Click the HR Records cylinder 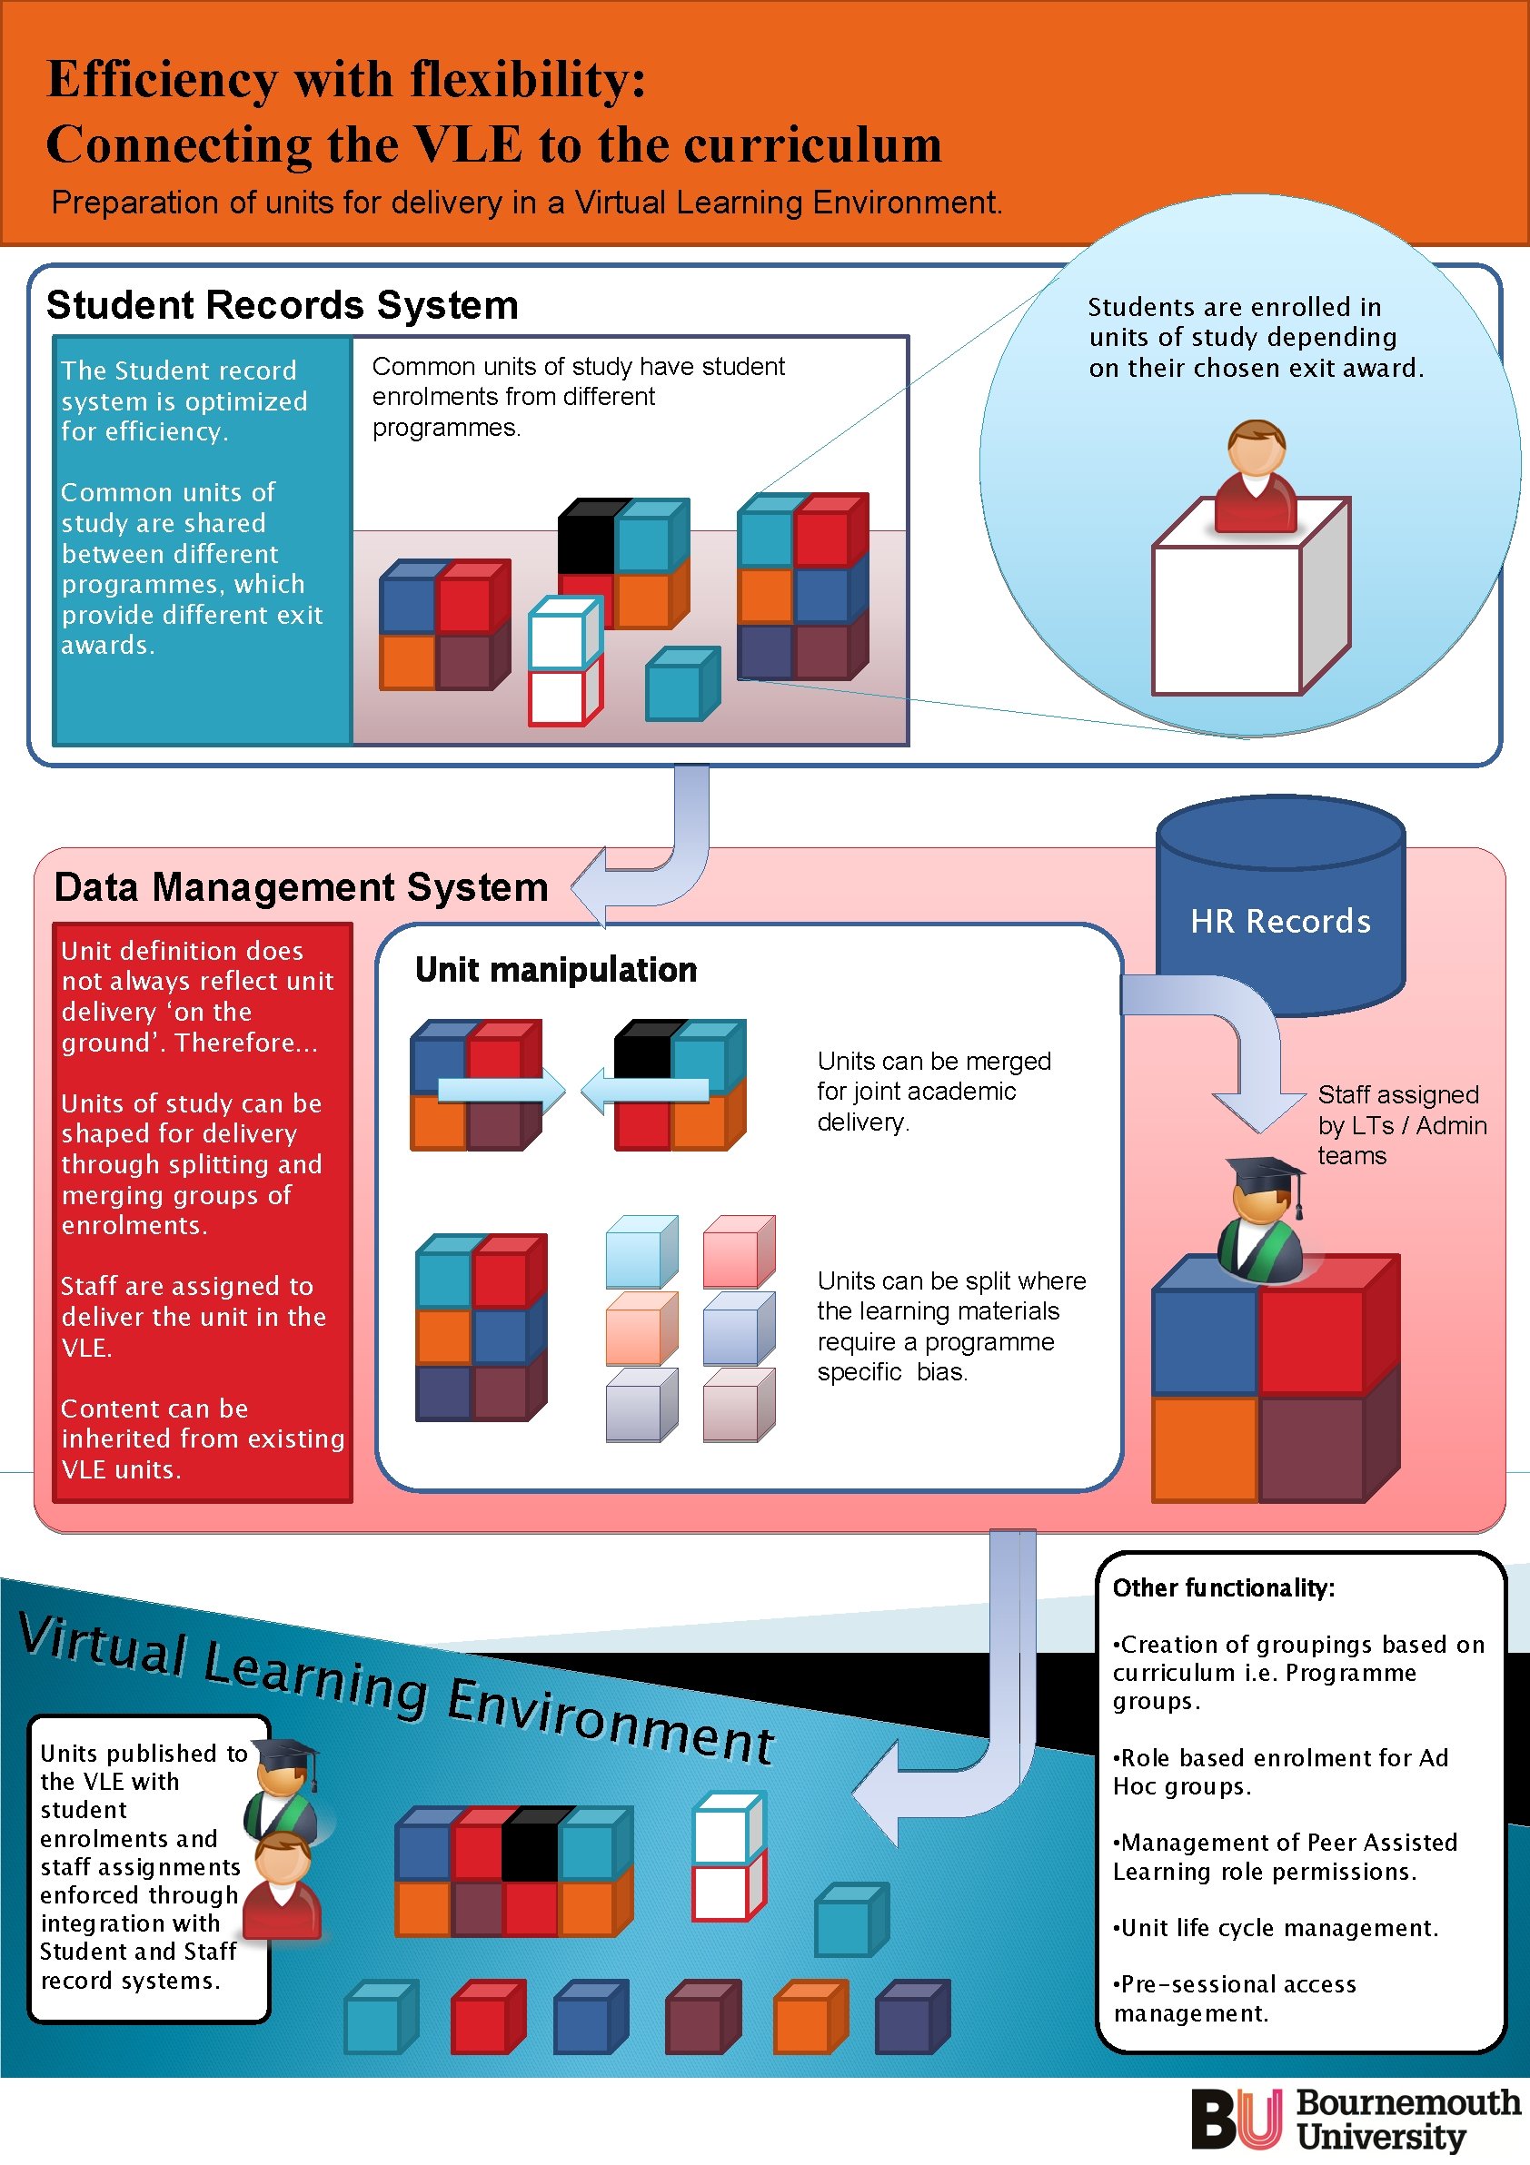1280,905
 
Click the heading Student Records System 282,305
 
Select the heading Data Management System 301,887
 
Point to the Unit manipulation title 556,969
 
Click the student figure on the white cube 1256,476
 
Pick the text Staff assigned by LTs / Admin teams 1401,1125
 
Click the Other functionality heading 1224,1589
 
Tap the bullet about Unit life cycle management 1277,1928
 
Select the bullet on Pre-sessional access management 1236,1998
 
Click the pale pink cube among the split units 738,1251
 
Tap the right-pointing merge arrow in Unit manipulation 501,1091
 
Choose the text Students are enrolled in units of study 1255,337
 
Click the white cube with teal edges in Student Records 563,633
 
